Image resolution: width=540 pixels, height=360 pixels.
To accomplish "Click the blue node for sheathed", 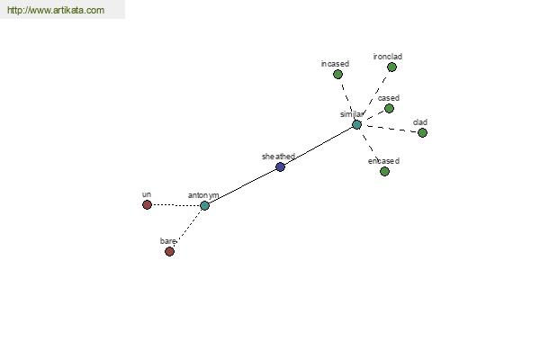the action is [280, 167].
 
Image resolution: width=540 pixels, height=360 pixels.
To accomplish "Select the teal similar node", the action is [356, 125].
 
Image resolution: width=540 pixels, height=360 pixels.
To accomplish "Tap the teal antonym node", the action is [204, 206].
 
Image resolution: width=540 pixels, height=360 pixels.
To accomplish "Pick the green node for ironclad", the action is [391, 67].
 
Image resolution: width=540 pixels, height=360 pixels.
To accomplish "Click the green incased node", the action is [337, 75].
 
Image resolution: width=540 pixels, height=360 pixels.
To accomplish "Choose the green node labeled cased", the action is [389, 109].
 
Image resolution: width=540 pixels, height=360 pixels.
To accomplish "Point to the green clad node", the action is [423, 132].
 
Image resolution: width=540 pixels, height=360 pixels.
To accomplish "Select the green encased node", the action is [384, 171].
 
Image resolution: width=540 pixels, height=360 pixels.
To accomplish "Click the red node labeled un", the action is [147, 204].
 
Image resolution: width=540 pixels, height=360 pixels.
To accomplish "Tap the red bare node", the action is [169, 251].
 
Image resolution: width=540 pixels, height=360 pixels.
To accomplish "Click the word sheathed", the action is [278, 157].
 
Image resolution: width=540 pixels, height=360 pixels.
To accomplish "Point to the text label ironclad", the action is [388, 57].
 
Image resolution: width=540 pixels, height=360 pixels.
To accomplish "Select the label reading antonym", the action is [203, 195].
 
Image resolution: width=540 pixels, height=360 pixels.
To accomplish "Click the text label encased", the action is [383, 161].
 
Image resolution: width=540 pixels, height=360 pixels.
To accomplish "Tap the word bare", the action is [167, 241].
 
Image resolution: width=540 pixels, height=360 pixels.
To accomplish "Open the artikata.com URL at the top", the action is [56, 10].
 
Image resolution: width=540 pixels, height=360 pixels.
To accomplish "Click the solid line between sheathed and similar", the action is [319, 146].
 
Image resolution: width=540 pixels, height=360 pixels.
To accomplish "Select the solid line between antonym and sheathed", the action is [242, 186].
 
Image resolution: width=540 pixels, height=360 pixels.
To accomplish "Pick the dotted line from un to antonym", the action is [176, 205].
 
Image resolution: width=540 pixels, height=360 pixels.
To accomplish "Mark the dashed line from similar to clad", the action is [390, 129].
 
